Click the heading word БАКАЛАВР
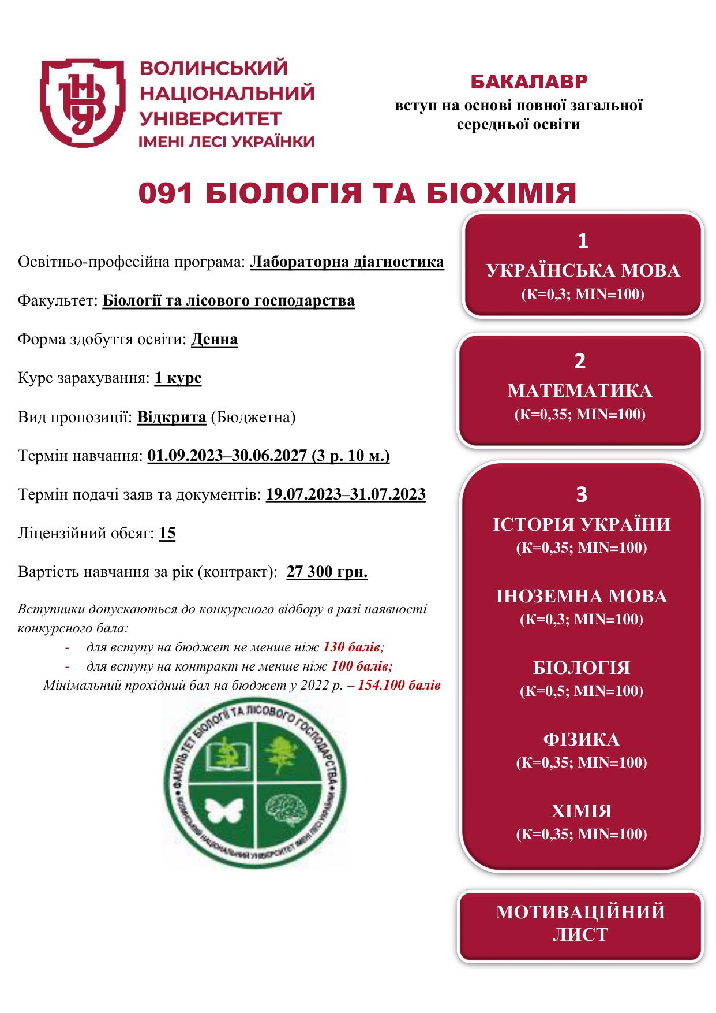coord(528,82)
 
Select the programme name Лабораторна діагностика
coord(347,262)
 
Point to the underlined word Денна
coord(214,339)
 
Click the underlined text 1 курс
coord(178,378)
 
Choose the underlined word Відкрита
coord(171,417)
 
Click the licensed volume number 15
coord(167,532)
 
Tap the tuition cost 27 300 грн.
coord(327,572)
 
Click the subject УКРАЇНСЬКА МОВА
coord(583,270)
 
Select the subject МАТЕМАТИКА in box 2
coord(580,391)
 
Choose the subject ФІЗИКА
coord(581,739)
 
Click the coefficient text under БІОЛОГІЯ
coord(581,691)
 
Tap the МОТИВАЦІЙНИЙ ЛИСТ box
coord(580,923)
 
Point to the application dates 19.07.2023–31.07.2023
coord(346,494)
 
